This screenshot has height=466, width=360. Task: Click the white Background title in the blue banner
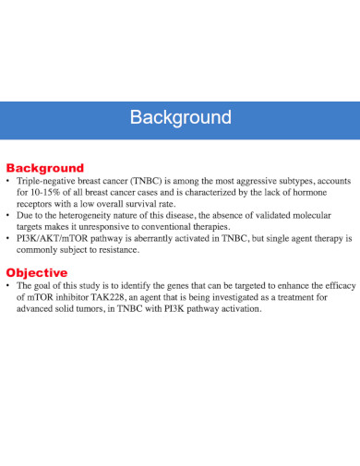(180, 117)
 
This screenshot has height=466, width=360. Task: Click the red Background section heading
(44, 168)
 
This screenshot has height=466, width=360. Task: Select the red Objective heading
(37, 272)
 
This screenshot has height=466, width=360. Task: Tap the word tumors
(107, 309)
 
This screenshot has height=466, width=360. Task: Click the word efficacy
(336, 286)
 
